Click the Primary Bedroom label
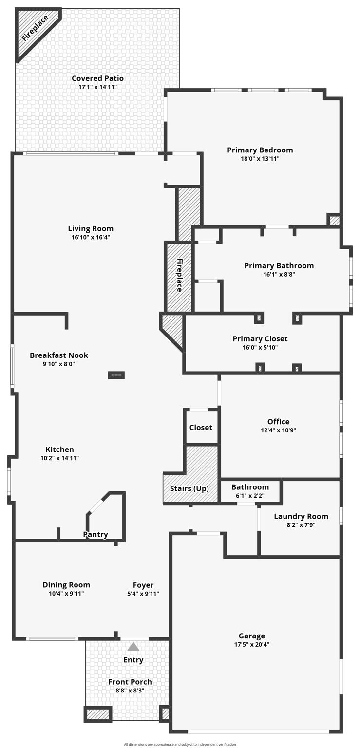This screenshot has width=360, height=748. [x=260, y=150]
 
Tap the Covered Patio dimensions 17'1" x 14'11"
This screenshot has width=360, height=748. [x=97, y=87]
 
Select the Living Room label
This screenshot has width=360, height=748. [x=91, y=228]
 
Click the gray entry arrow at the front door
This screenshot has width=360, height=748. [x=133, y=647]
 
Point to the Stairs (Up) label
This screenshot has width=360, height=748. [x=189, y=488]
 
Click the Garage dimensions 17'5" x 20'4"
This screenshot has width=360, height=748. [x=251, y=644]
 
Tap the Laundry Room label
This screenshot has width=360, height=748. [x=301, y=516]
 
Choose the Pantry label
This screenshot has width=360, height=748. [x=95, y=534]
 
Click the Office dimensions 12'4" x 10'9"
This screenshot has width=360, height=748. [x=278, y=430]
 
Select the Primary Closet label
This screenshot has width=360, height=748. [x=260, y=338]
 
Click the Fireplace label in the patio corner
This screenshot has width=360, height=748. [x=35, y=28]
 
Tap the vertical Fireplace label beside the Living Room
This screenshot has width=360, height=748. [x=179, y=275]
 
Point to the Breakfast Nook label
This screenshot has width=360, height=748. [x=58, y=355]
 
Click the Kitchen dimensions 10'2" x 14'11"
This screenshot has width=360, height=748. [x=59, y=458]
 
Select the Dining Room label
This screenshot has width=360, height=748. [x=66, y=585]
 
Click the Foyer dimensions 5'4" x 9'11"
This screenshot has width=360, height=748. [x=143, y=594]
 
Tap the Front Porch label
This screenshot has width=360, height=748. [x=130, y=682]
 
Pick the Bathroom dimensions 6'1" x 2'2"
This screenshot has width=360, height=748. [x=250, y=496]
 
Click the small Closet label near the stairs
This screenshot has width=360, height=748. [x=201, y=427]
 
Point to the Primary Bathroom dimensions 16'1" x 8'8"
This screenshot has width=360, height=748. [x=279, y=274]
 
